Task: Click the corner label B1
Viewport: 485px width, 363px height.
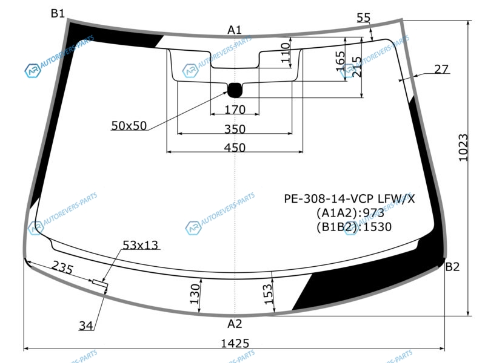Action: (x=58, y=13)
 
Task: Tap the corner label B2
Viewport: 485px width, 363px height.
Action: (x=452, y=266)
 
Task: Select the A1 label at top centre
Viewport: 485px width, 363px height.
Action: (x=235, y=30)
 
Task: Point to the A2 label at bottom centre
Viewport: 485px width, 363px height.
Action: (x=235, y=324)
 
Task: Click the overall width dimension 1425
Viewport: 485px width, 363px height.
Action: (x=235, y=343)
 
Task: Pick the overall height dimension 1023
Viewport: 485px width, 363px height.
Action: (x=463, y=147)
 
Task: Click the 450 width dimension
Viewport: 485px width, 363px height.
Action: (x=235, y=147)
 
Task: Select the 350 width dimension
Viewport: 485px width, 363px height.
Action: (x=235, y=129)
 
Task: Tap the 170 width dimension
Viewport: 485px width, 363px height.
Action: (x=235, y=110)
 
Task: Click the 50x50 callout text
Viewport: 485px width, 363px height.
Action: (x=129, y=125)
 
